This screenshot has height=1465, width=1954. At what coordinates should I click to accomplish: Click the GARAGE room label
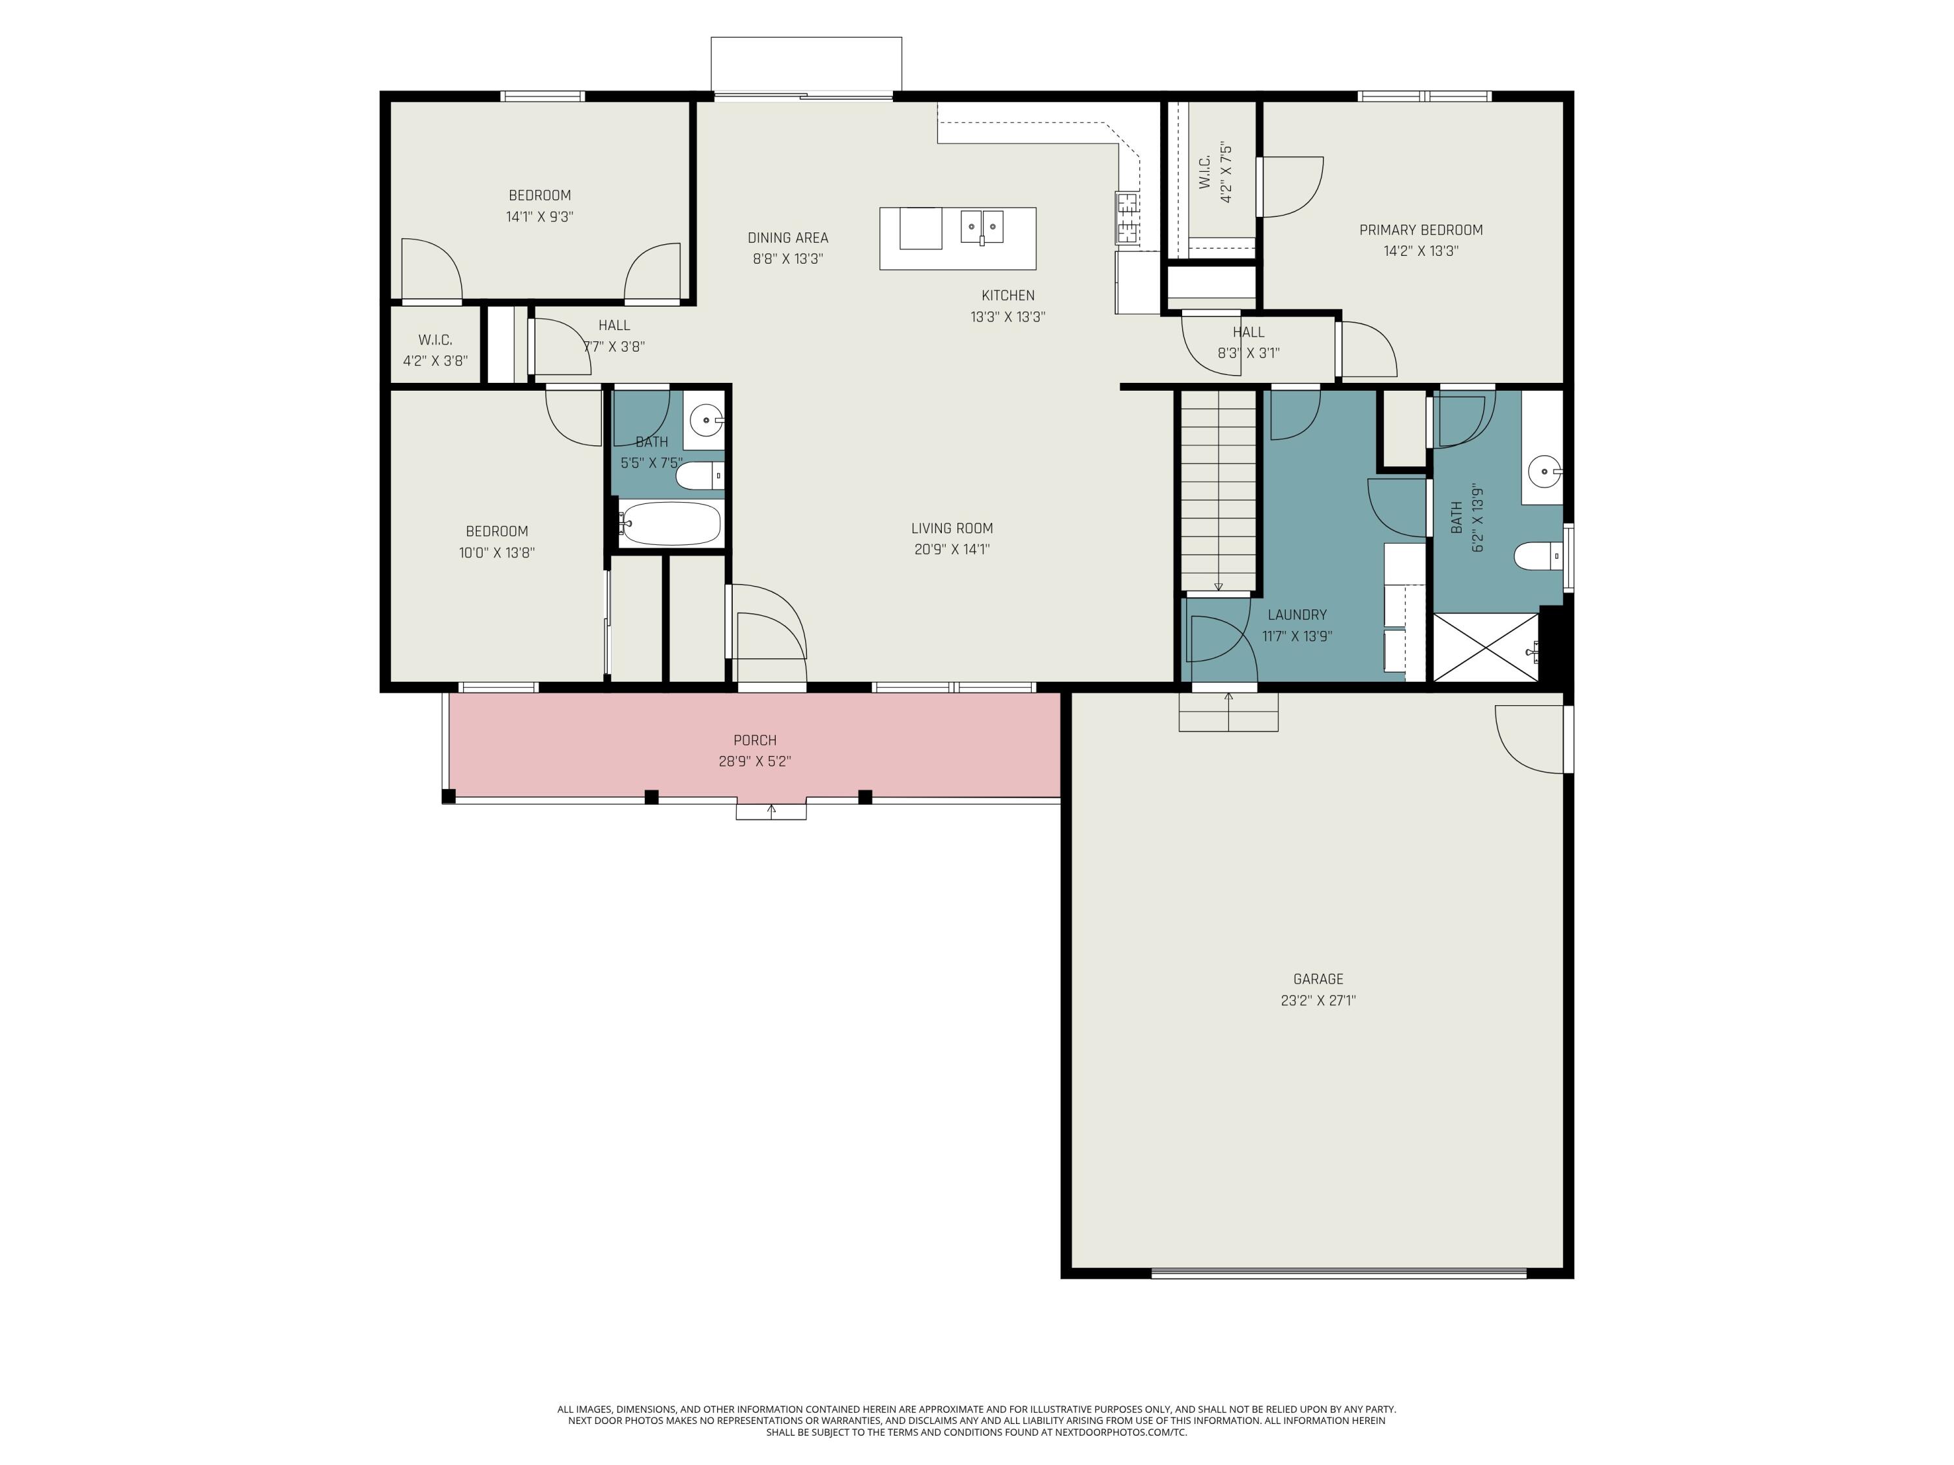(1318, 979)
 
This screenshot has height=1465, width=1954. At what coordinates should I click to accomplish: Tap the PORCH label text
(754, 741)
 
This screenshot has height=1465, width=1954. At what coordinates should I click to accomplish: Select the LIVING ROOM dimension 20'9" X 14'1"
(952, 550)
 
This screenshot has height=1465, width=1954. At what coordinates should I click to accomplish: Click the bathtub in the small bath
(670, 523)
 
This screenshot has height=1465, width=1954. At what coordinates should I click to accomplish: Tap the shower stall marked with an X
(1485, 647)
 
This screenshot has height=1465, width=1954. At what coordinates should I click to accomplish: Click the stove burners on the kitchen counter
(1127, 218)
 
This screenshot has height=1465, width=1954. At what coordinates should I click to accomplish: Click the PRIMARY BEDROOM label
(1421, 230)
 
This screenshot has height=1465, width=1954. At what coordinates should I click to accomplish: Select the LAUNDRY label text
(1297, 615)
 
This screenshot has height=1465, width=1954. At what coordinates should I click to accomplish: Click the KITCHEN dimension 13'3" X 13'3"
(1007, 317)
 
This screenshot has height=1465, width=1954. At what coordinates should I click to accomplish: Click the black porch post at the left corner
(449, 796)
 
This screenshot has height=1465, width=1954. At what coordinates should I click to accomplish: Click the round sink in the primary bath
(1545, 471)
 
